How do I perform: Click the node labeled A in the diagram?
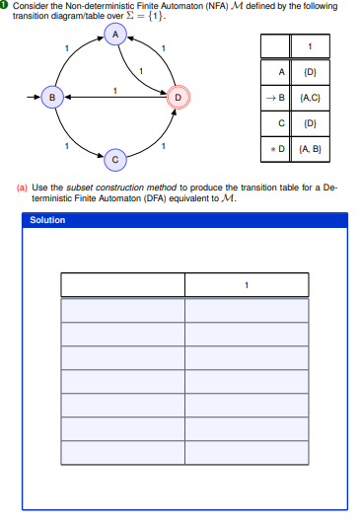[x=115, y=35]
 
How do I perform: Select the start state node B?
[x=53, y=97]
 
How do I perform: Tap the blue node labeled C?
[x=115, y=159]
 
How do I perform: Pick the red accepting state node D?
[x=178, y=97]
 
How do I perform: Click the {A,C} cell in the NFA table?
[x=310, y=99]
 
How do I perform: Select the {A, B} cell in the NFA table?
[x=310, y=150]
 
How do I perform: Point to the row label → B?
[x=276, y=99]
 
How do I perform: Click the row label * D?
[x=277, y=150]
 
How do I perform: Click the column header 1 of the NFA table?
[x=310, y=46]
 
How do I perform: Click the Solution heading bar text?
[x=48, y=220]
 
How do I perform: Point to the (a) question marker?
[x=23, y=186]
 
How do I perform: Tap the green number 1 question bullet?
[x=5, y=6]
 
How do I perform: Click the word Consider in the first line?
[x=29, y=6]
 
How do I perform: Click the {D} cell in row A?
[x=310, y=73]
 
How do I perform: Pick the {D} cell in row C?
[x=310, y=124]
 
